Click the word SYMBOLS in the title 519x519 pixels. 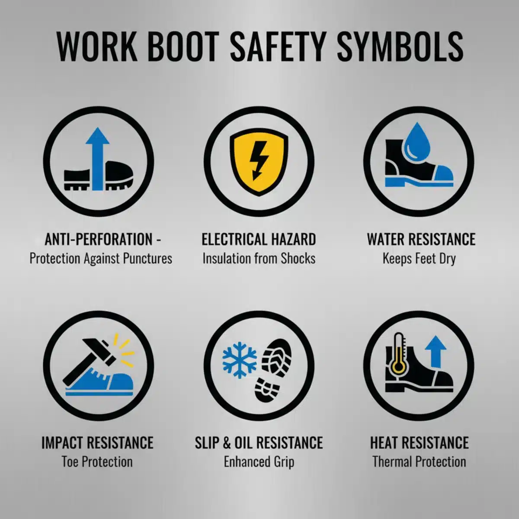coord(400,47)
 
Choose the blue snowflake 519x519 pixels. coord(240,360)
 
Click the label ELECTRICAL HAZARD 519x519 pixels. coord(259,239)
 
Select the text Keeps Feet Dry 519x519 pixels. coord(419,259)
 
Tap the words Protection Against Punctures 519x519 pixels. coord(101,259)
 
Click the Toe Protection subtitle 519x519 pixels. coord(97,461)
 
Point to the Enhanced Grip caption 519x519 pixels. coord(259,462)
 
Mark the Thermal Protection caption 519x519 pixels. coord(419,461)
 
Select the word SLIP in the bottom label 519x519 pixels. coord(206,442)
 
